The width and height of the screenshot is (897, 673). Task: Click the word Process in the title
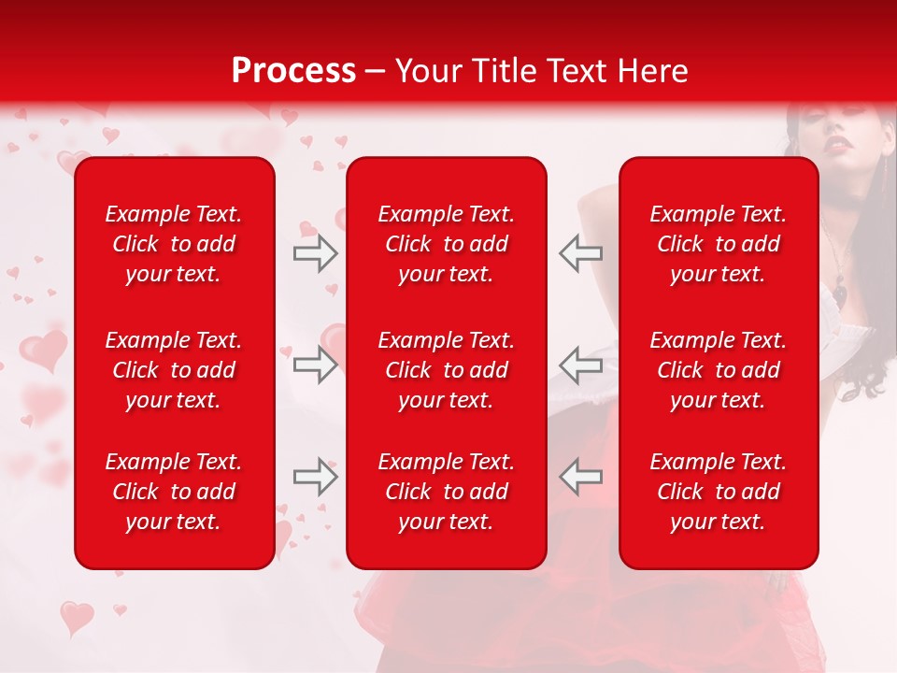[x=293, y=71]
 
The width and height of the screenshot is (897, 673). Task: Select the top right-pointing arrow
[x=315, y=253]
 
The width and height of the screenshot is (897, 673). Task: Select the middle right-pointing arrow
[x=315, y=365]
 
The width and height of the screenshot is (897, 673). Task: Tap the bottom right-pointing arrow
[x=315, y=477]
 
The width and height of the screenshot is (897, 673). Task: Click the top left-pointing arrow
[x=580, y=253]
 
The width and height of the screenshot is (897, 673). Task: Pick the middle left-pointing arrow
[x=580, y=365]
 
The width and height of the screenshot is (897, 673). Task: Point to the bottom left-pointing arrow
[x=580, y=477]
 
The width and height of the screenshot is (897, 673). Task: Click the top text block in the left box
[x=174, y=244]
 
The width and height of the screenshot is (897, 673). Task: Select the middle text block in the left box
[x=174, y=370]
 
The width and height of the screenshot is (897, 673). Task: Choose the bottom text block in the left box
[x=174, y=492]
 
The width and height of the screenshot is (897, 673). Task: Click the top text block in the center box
[x=446, y=244]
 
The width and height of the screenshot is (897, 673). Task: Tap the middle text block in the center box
[x=446, y=370]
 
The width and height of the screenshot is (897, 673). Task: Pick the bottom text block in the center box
[x=446, y=492]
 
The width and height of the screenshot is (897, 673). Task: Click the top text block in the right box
[x=718, y=244]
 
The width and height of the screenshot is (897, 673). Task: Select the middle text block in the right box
[x=718, y=370]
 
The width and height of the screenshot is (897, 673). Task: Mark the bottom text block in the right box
[x=718, y=492]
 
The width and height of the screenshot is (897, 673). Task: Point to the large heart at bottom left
[x=77, y=617]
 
